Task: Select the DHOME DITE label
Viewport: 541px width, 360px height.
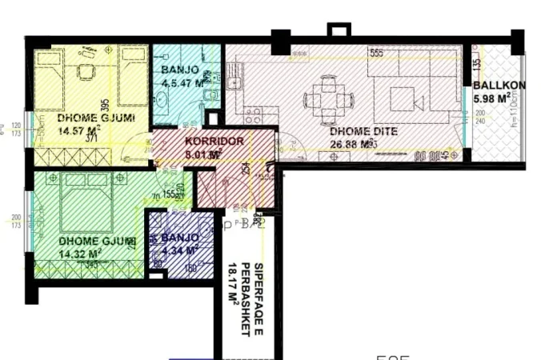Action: pos(355,133)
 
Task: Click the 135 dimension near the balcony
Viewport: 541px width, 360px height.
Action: pos(477,62)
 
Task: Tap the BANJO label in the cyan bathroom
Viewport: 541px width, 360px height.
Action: pos(179,58)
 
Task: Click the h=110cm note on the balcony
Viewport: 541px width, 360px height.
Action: pos(531,123)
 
